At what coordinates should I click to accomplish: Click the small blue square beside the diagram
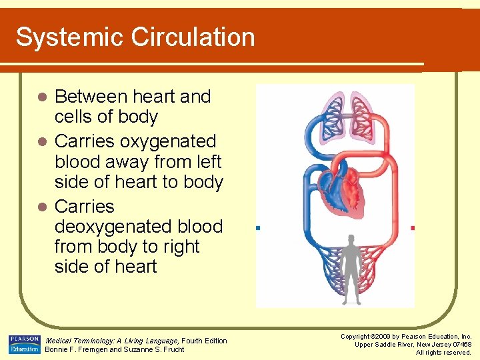[x=257, y=228]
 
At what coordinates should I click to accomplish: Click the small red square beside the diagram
[x=413, y=228]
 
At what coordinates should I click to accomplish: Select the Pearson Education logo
[x=24, y=344]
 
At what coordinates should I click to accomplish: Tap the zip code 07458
[x=461, y=344]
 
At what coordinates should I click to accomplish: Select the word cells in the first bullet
[x=75, y=117]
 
